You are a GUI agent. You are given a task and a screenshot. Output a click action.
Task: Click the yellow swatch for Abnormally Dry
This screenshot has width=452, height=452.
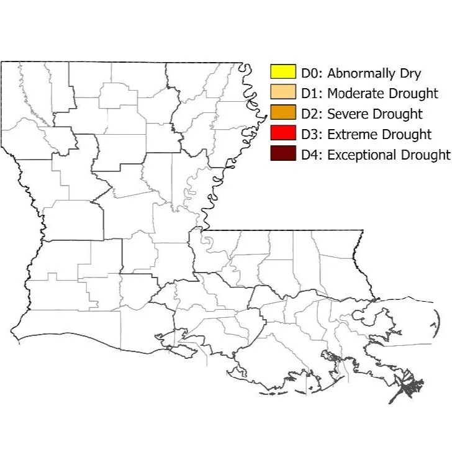point(282,72)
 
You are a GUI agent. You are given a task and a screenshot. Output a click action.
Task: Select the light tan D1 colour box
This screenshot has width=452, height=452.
point(282,93)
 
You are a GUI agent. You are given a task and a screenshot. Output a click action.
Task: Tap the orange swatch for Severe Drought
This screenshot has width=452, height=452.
point(282,113)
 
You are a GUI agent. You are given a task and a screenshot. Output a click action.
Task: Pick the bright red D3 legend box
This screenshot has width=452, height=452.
point(282,133)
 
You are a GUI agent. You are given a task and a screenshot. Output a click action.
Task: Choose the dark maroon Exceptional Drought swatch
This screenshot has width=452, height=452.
point(282,154)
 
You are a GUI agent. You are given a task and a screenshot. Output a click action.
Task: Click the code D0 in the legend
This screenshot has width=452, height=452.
point(310,73)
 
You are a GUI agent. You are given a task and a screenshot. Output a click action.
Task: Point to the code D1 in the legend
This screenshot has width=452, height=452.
point(310,94)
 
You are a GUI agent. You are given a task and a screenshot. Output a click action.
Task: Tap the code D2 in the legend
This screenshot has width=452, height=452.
point(310,114)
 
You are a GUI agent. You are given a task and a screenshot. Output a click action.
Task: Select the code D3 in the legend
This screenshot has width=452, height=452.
point(310,134)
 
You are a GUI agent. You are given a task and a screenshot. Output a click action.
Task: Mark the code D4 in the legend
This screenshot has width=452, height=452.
point(310,155)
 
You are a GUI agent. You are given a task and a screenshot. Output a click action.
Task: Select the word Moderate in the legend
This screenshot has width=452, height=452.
point(352,94)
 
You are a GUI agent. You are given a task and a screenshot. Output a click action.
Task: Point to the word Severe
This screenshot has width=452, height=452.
point(346,114)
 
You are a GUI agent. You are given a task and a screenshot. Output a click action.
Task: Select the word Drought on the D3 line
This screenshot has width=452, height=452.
point(404,134)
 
